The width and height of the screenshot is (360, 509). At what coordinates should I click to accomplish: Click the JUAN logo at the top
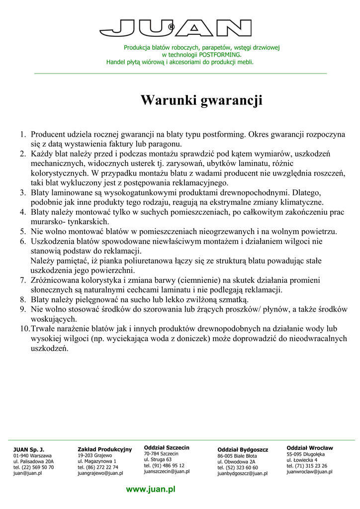(x=176, y=28)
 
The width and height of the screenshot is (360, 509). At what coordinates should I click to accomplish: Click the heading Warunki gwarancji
(x=201, y=101)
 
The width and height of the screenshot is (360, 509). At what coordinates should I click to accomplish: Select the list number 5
(x=23, y=231)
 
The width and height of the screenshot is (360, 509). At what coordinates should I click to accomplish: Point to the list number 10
(x=24, y=329)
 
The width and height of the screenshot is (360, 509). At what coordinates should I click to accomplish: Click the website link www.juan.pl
(x=151, y=490)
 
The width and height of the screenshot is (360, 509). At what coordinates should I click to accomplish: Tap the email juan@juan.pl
(x=27, y=474)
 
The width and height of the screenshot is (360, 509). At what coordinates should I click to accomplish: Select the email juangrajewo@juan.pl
(x=100, y=474)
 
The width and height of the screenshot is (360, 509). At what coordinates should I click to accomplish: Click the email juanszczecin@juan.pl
(x=167, y=471)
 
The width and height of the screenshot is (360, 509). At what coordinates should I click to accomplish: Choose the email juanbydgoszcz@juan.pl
(x=242, y=474)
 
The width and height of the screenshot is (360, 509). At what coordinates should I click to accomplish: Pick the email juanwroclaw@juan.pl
(x=309, y=472)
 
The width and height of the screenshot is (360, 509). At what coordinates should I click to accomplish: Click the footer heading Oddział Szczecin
(x=167, y=447)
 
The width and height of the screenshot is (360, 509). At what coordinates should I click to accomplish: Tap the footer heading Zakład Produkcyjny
(x=104, y=449)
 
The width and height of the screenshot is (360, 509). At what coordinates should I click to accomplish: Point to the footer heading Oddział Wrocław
(x=310, y=448)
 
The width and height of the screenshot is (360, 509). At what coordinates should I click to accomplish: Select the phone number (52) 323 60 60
(x=242, y=468)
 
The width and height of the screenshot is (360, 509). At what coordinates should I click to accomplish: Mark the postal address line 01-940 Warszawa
(x=32, y=455)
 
